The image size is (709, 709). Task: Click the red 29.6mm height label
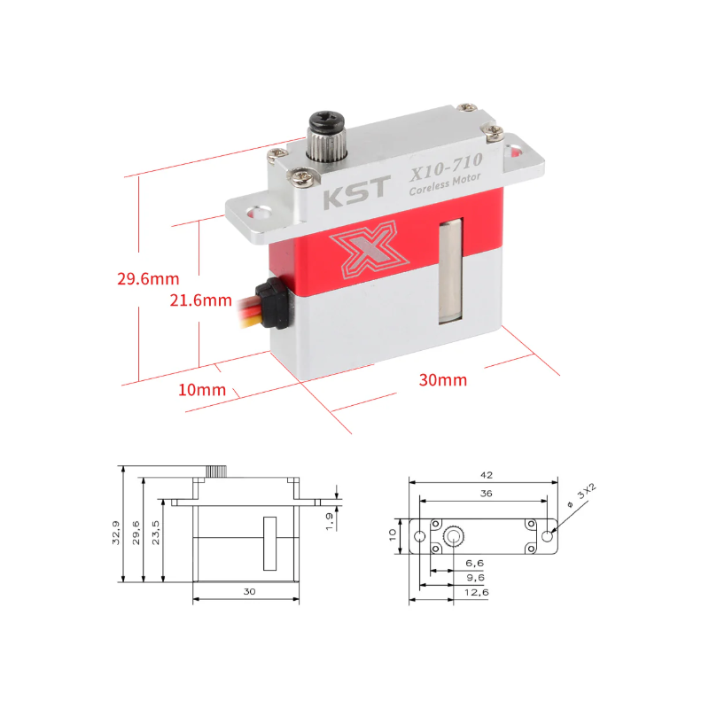147,278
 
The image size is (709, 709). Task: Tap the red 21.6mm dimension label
200,300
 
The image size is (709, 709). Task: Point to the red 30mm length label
442,380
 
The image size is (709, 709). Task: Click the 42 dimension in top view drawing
484,475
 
